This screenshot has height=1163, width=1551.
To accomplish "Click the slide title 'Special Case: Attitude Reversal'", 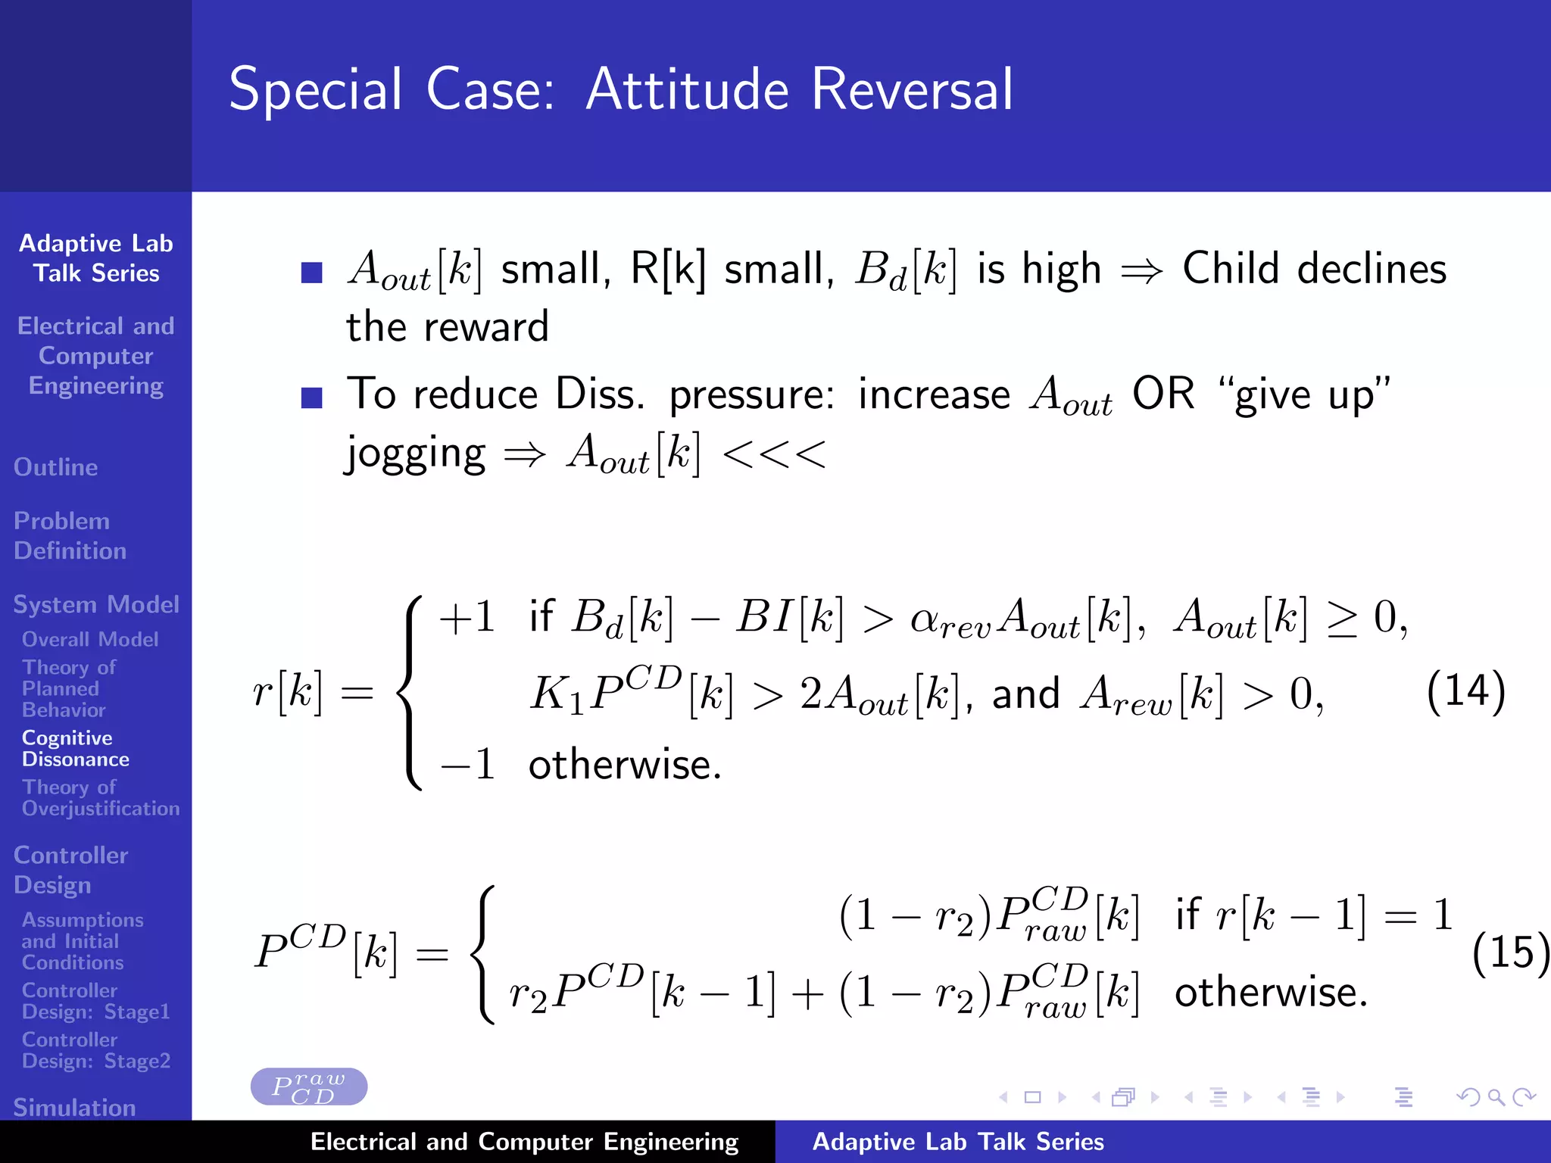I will [x=620, y=89].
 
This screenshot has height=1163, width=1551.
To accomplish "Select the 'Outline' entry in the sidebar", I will [x=56, y=467].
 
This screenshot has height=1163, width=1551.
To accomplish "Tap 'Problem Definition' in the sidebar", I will [x=70, y=535].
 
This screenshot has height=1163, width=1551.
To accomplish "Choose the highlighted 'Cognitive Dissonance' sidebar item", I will [x=75, y=748].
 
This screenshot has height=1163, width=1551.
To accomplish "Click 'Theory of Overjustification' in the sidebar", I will [x=100, y=797].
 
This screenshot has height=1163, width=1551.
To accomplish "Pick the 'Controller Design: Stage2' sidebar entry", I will [x=95, y=1049].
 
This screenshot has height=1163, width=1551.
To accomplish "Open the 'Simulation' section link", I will [x=74, y=1107].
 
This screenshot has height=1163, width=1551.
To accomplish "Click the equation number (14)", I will [x=1465, y=691].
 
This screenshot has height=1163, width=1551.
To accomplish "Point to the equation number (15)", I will [x=1509, y=952].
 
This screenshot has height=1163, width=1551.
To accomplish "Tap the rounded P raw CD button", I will [x=309, y=1087].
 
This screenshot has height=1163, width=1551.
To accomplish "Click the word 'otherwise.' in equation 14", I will [x=625, y=764].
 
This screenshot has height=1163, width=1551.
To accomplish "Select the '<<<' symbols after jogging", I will [x=774, y=454].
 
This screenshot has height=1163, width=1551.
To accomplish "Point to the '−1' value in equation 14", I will [x=467, y=764].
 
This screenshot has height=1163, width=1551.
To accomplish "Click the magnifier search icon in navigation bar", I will [x=1496, y=1096].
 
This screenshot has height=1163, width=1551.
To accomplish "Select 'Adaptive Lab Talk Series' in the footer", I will [x=957, y=1141].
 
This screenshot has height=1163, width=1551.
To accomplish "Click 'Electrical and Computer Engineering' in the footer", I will [x=524, y=1141].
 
